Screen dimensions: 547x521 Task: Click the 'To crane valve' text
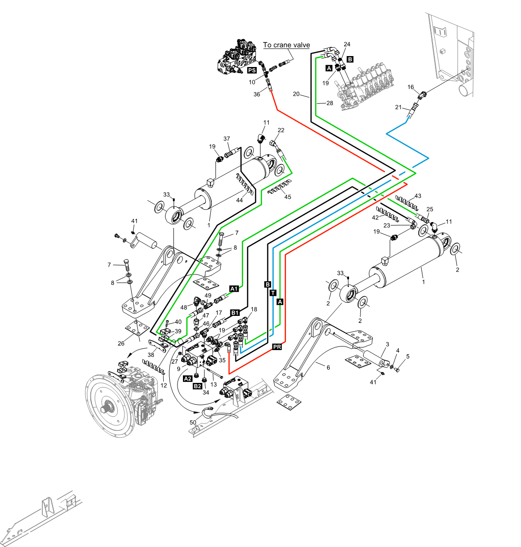pos(287,45)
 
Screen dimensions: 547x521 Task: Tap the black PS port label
pos(252,71)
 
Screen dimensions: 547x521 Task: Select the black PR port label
pos(277,347)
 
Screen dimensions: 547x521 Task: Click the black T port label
pos(273,293)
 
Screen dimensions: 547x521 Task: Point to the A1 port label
pos(234,289)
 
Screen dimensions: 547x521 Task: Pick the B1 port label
pos(235,313)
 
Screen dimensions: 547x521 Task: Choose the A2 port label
pos(188,378)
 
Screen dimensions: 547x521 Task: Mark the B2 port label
pos(198,386)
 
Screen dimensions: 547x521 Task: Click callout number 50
pos(193,423)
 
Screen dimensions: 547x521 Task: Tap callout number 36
pos(257,94)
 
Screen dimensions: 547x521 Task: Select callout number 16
pos(411,87)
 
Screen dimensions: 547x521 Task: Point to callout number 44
pos(240,200)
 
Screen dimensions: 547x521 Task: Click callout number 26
pos(121,343)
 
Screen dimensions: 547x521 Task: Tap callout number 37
pos(227,139)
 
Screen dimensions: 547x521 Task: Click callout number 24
pos(347,44)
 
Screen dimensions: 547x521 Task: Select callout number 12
pos(164,385)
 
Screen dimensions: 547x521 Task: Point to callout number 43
pos(417,196)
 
